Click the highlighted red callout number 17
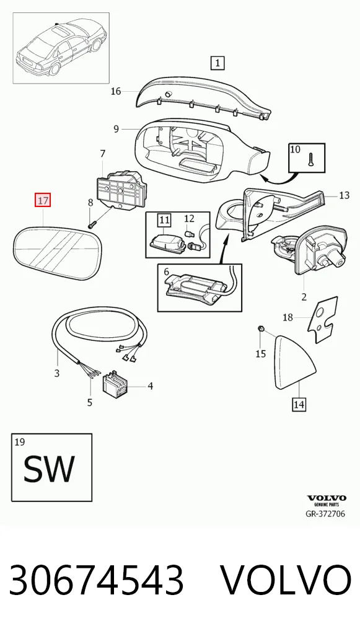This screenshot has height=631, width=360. click(x=43, y=200)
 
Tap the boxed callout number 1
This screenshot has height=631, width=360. click(x=217, y=63)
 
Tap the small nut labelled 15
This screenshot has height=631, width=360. click(x=261, y=329)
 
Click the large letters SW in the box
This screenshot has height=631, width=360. click(x=49, y=469)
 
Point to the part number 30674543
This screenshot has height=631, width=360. click(x=97, y=580)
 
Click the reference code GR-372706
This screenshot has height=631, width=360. click(x=325, y=513)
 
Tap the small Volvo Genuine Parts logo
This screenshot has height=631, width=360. click(x=326, y=500)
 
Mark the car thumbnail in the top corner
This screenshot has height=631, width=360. click(x=61, y=48)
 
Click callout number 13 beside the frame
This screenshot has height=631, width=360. click(x=344, y=196)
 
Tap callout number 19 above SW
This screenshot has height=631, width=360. click(x=19, y=443)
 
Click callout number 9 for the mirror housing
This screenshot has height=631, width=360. click(x=116, y=129)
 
